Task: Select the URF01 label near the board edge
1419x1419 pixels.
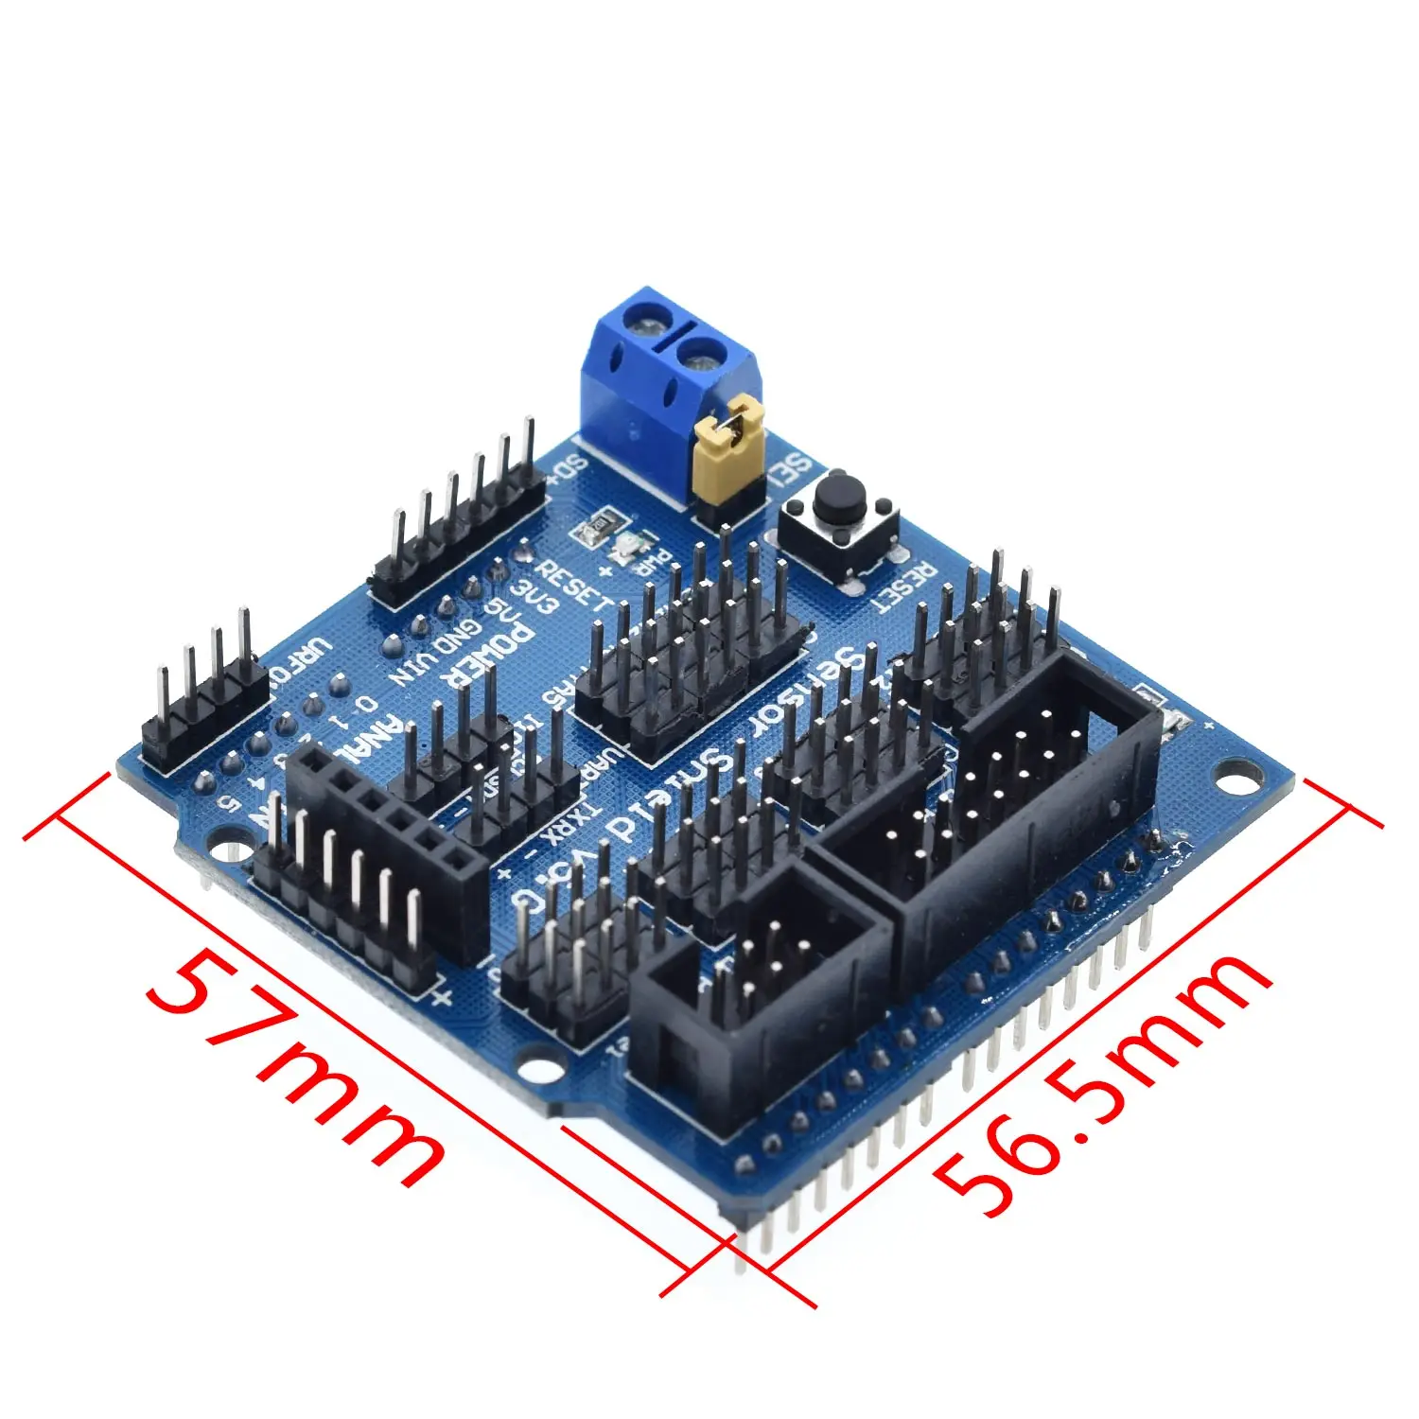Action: (303, 662)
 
